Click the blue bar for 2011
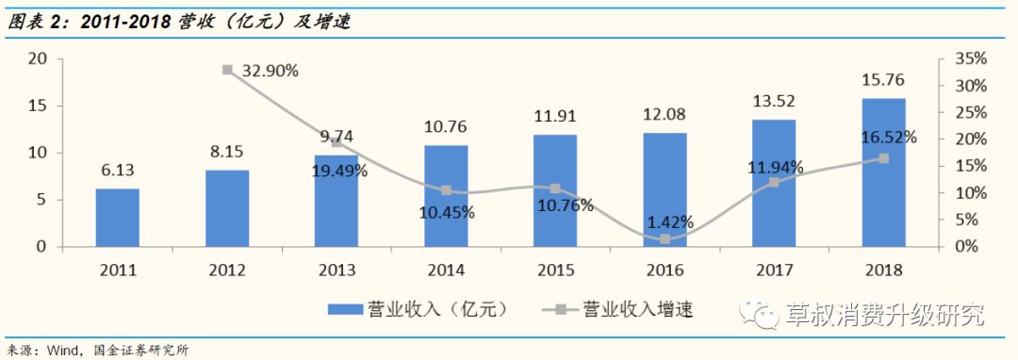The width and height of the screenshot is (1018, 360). pos(117,218)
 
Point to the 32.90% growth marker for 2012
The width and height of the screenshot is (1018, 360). pos(227,70)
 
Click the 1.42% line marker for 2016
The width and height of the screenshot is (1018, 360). pos(665,239)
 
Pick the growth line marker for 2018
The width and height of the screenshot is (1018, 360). pos(883,158)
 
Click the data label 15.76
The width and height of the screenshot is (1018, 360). pos(883,80)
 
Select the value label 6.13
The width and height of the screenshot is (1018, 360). pos(117,171)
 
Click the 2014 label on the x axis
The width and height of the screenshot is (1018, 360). pos(446,270)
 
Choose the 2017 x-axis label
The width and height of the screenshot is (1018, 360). pos(773,270)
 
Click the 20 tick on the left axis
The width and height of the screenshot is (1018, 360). pos(38,58)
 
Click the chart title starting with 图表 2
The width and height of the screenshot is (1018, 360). pos(179,21)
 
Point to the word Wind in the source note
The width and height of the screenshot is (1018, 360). pos(61,351)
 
